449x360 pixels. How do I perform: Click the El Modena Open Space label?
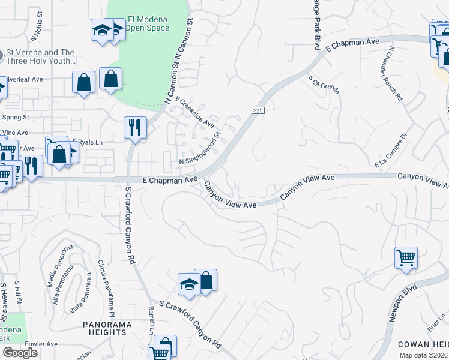click(146, 23)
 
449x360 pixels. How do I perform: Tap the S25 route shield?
click(258, 110)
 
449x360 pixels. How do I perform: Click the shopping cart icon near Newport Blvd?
click(406, 258)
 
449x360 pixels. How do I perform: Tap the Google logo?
click(19, 353)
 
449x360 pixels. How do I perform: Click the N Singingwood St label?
click(202, 154)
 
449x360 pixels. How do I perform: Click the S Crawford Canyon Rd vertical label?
click(128, 226)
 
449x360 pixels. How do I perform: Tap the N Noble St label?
click(35, 27)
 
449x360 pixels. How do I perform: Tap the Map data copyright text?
click(423, 355)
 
